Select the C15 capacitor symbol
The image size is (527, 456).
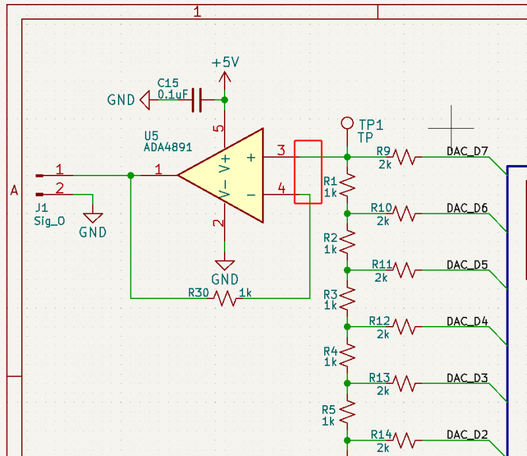tap(196, 100)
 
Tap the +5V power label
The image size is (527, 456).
tap(225, 62)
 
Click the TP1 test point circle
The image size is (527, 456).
tap(347, 123)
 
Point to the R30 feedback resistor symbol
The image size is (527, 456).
tap(225, 298)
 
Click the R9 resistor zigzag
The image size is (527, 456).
tap(404, 157)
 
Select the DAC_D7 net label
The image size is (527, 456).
tap(467, 151)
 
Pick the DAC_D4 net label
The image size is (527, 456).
tap(467, 321)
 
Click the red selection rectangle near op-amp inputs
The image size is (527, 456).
tap(308, 141)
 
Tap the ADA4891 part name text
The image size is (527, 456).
tap(168, 147)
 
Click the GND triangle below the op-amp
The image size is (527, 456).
tap(225, 265)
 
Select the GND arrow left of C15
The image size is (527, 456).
tap(145, 100)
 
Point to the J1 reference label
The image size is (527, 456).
tap(42, 207)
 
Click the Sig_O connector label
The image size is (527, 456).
tap(49, 221)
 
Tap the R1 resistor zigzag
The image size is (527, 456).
tap(348, 185)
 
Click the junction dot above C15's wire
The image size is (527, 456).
tap(225, 100)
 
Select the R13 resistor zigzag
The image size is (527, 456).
tap(404, 383)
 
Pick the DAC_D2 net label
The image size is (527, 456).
tap(467, 435)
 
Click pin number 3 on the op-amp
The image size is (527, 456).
tap(281, 150)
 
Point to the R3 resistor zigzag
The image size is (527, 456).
tap(348, 298)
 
